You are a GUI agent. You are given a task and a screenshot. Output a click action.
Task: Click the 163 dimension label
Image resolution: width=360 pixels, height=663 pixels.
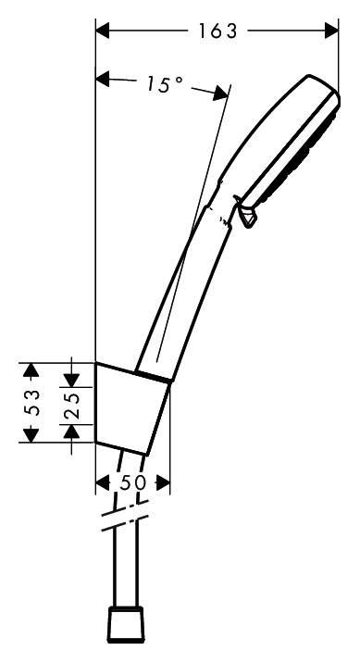218,31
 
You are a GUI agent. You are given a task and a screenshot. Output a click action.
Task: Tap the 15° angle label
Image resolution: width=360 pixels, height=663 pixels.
165,83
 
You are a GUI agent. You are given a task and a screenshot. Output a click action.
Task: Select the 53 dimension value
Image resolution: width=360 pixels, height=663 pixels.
32,403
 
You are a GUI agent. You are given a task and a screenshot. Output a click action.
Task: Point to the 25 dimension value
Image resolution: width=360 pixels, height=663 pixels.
71,406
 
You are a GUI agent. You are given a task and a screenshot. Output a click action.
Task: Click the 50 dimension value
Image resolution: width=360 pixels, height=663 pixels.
132,482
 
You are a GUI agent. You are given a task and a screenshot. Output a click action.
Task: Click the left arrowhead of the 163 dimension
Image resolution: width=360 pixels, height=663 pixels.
103,31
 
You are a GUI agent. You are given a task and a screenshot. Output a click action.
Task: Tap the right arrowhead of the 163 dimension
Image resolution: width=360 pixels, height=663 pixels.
331,31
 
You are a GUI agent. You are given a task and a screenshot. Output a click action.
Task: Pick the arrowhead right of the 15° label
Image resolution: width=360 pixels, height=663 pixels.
220,93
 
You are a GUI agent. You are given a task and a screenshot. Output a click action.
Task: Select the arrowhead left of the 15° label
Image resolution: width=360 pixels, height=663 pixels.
103,79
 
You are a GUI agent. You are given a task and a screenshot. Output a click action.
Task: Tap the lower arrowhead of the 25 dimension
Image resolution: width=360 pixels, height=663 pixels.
71,432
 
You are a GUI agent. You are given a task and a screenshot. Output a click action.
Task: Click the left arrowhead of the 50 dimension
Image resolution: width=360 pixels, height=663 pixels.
103,482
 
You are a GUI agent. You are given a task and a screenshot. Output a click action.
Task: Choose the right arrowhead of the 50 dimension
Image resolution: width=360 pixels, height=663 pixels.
163,482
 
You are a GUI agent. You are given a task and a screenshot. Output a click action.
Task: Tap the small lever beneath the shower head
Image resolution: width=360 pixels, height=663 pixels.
247,213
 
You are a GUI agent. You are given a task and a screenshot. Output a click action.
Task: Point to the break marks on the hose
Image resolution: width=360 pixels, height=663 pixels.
126,515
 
